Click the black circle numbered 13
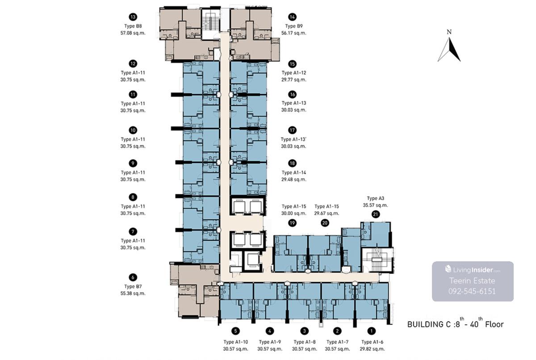pyautogui.click(x=133, y=17)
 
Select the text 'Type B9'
pyautogui.click(x=293, y=26)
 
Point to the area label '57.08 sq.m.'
pyautogui.click(x=133, y=33)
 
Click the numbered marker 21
pyautogui.click(x=376, y=214)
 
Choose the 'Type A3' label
pyautogui.click(x=376, y=198)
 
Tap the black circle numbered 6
pyautogui.click(x=133, y=277)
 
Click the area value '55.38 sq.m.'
pyautogui.click(x=133, y=293)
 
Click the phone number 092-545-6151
pyautogui.click(x=472, y=291)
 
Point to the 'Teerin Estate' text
pyautogui.click(x=472, y=280)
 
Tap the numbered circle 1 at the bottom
pyautogui.click(x=371, y=331)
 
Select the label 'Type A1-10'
pyautogui.click(x=236, y=342)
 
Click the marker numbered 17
pyautogui.click(x=293, y=130)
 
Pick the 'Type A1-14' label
pyautogui.click(x=294, y=172)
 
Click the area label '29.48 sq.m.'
pyautogui.click(x=294, y=180)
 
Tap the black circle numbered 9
pyautogui.click(x=133, y=163)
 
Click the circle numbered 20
pyautogui.click(x=325, y=223)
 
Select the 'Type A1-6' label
pyautogui.click(x=372, y=342)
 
